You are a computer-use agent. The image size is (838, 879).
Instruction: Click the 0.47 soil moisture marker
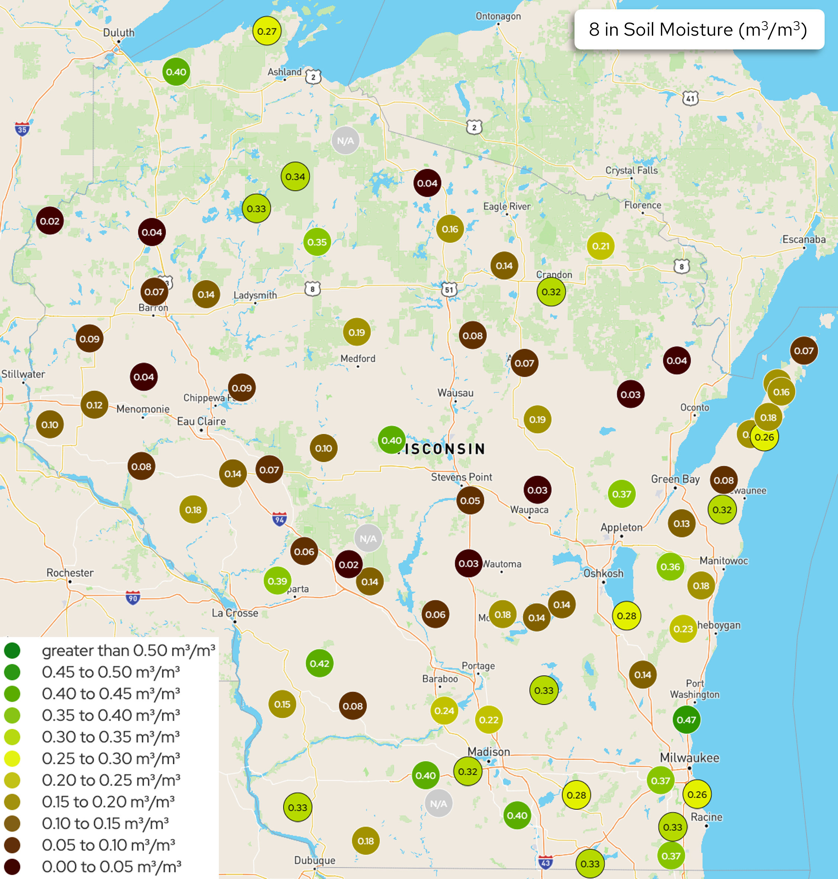(x=686, y=720)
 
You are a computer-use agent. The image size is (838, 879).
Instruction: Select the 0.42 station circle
(x=319, y=663)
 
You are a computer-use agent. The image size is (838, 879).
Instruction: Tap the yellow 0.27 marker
(x=267, y=31)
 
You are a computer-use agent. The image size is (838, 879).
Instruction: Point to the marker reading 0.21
(x=601, y=246)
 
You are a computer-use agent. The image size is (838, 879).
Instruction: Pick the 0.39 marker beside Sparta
(x=277, y=581)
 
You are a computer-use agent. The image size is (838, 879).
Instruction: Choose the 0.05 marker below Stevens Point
(x=470, y=501)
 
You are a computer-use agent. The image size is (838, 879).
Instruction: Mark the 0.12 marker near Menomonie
(x=94, y=405)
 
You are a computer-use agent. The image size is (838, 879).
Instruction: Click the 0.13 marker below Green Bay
(x=682, y=523)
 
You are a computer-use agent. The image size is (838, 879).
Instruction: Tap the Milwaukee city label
(x=689, y=757)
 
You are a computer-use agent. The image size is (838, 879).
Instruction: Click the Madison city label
(x=488, y=752)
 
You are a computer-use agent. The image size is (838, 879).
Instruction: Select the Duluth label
(x=119, y=33)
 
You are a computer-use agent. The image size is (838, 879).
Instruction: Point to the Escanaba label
(x=803, y=239)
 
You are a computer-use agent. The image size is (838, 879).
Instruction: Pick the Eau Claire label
(x=201, y=421)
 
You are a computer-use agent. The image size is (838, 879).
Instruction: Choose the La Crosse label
(x=234, y=613)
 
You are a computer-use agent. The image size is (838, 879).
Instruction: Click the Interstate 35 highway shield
(x=22, y=129)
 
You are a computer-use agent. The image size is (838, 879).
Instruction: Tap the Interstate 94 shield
(x=279, y=519)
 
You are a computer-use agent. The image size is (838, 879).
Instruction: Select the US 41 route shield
(x=690, y=98)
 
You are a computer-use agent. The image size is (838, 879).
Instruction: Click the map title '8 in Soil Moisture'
(x=698, y=29)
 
